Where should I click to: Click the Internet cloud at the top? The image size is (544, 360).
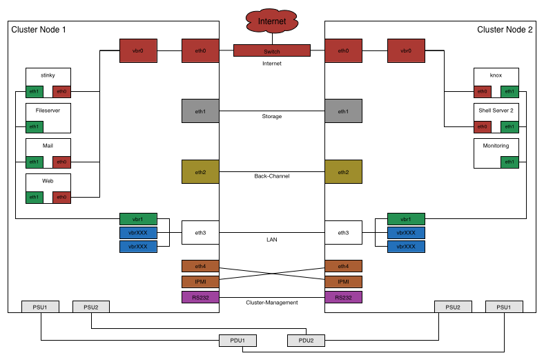tap(272, 21)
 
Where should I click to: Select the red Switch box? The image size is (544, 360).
tap(272, 50)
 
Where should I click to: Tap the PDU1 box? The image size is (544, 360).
tap(237, 341)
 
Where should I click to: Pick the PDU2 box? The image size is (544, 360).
tap(306, 341)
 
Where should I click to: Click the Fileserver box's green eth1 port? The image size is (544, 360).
tap(35, 126)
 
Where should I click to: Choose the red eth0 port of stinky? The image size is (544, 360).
tap(61, 92)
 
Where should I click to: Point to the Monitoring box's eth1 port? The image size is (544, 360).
tap(509, 162)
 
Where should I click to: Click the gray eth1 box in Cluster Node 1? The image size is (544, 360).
tap(200, 111)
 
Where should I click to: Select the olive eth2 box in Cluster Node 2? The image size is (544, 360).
tap(344, 172)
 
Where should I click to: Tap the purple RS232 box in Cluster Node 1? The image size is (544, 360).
tap(200, 298)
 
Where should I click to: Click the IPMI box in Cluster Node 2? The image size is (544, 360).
tap(344, 282)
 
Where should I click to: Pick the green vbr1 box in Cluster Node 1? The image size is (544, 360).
tap(138, 219)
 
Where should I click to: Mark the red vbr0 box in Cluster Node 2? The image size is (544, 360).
tap(406, 50)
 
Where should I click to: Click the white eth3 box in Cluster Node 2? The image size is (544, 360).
tap(344, 233)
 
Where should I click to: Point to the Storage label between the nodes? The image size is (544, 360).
tap(272, 116)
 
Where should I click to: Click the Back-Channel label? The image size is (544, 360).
tap(272, 176)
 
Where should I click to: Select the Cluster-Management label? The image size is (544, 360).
tap(272, 303)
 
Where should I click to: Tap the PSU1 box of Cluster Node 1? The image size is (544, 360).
tap(40, 307)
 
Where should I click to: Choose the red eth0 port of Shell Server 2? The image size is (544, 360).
tap(483, 126)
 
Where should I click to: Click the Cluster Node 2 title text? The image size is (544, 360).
tap(505, 30)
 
